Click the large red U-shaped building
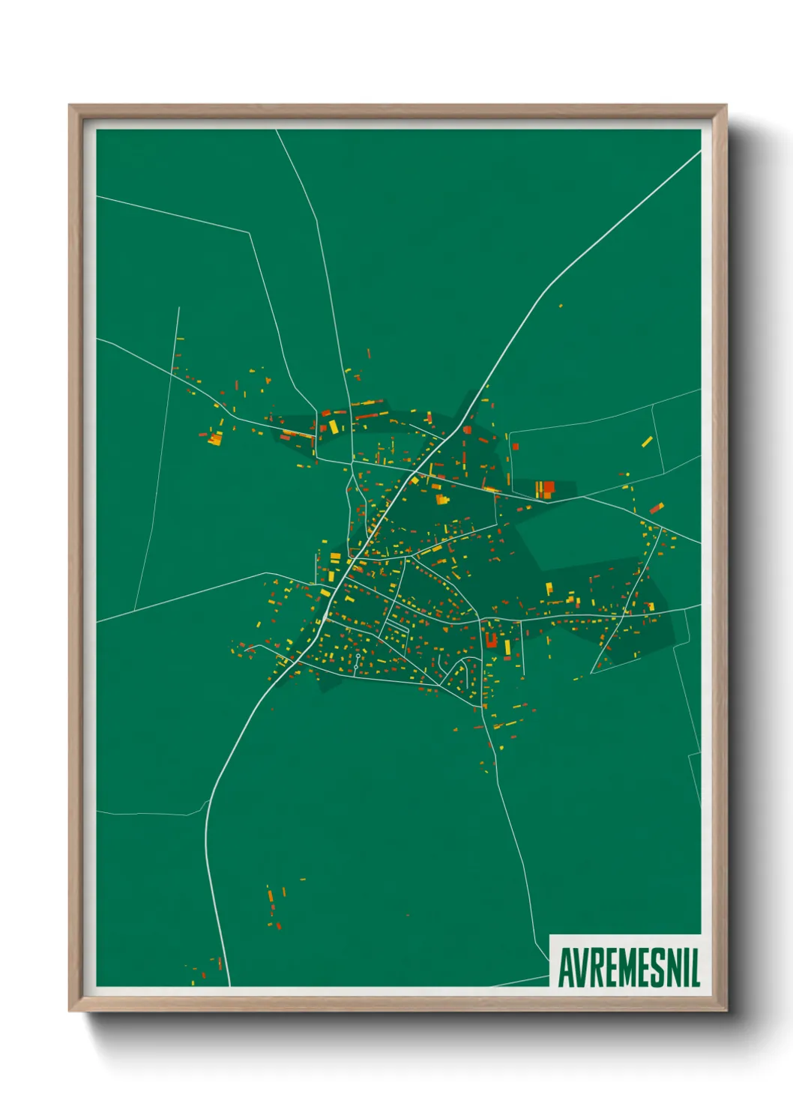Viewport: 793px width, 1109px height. click(492, 640)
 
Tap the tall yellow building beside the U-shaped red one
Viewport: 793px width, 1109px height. click(507, 647)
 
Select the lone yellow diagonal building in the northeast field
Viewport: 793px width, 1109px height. click(647, 441)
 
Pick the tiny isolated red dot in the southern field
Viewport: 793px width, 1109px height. click(408, 915)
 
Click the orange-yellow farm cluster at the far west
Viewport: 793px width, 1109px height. click(214, 438)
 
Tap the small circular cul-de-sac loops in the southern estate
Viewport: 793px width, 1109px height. click(358, 656)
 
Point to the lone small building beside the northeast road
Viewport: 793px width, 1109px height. click(560, 306)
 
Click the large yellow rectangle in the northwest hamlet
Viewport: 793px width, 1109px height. click(333, 426)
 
